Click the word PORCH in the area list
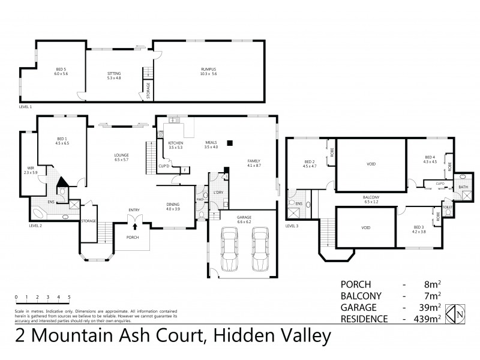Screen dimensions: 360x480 [356, 283]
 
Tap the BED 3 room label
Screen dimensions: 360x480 [419, 227]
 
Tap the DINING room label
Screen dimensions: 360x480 [173, 205]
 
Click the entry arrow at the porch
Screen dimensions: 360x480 [134, 226]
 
